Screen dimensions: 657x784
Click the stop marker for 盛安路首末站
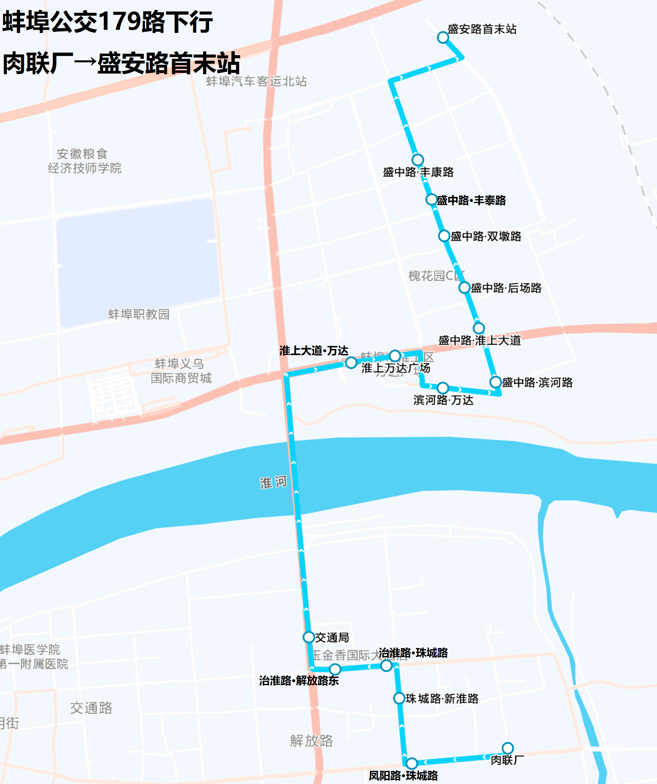click(443, 37)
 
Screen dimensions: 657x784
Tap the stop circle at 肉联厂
click(508, 748)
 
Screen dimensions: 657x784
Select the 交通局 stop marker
click(309, 637)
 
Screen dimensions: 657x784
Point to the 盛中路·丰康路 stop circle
click(417, 160)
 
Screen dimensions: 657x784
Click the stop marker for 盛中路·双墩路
click(444, 236)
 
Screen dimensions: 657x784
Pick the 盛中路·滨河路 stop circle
click(495, 382)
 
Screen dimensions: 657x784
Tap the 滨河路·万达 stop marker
click(443, 388)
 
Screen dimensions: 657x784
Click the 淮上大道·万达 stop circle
click(351, 362)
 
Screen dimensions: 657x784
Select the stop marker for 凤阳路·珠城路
click(412, 763)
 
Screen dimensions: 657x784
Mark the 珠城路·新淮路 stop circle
click(399, 698)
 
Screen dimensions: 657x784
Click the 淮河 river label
click(273, 482)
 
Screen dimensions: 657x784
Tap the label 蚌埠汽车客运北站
click(256, 82)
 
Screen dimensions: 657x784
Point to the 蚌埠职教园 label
click(139, 314)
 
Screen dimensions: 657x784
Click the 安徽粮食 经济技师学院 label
click(84, 161)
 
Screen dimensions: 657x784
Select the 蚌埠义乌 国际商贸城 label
click(181, 371)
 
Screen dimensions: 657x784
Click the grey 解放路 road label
click(311, 741)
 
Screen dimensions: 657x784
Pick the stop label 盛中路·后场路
click(506, 288)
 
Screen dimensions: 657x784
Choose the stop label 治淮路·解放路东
click(299, 681)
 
